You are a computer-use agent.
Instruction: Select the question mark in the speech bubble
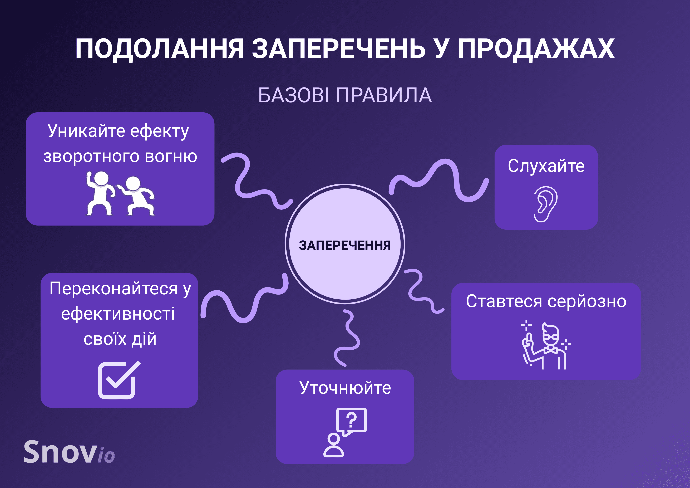[351, 419]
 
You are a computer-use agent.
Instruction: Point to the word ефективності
[118, 314]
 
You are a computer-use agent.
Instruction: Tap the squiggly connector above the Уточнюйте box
[349, 338]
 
